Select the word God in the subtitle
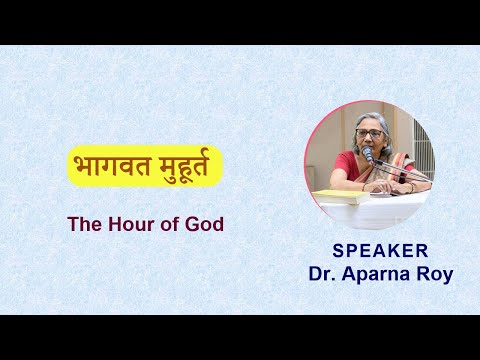click(203, 224)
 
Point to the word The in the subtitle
click(83, 224)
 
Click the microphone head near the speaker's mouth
click(367, 155)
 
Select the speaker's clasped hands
click(383, 185)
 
